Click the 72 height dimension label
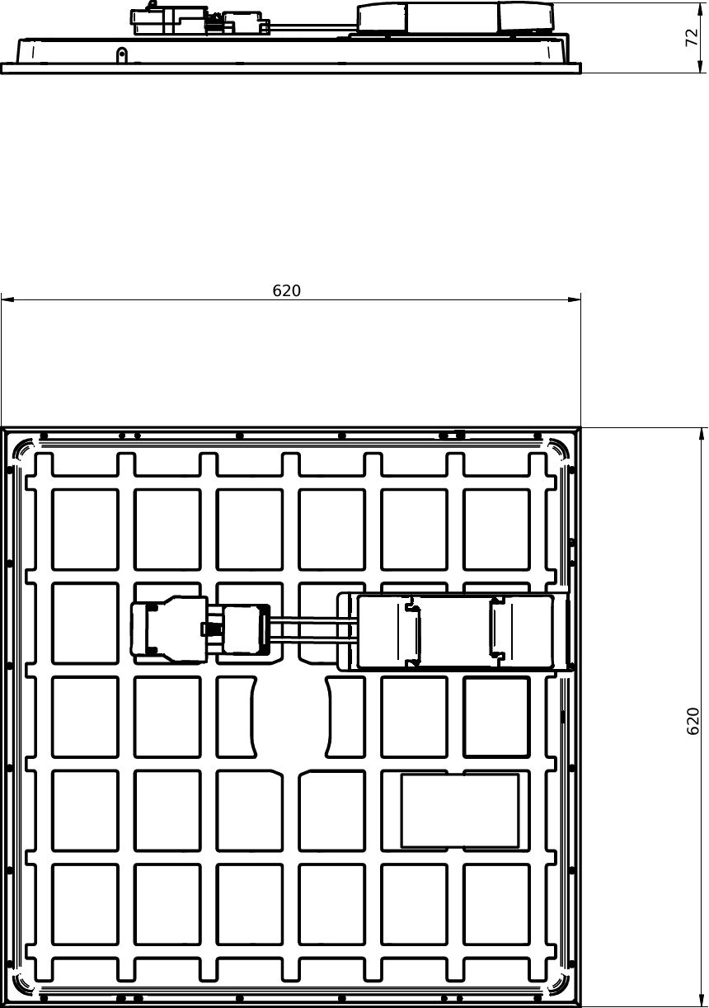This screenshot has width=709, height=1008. tap(692, 37)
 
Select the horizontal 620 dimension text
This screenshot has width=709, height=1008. tap(286, 290)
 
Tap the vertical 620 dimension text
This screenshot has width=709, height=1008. tap(693, 721)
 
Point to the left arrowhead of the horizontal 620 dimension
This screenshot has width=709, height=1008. tap(7, 299)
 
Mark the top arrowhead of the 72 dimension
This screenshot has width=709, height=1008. tap(701, 10)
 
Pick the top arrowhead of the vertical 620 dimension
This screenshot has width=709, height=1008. tap(701, 435)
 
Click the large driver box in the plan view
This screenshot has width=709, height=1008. tap(455, 632)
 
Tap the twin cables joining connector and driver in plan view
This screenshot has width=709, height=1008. tap(313, 629)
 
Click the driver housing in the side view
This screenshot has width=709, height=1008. tap(455, 18)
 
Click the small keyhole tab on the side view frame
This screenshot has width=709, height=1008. tap(121, 55)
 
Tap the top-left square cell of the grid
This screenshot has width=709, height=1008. tap(85, 530)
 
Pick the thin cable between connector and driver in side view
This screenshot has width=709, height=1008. tap(313, 26)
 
